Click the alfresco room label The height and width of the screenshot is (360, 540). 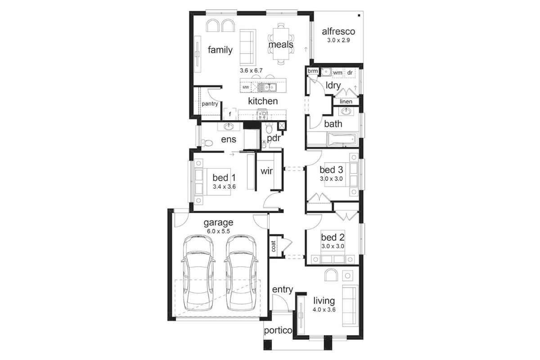click(x=338, y=31)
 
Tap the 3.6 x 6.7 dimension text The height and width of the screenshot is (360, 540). click(x=251, y=71)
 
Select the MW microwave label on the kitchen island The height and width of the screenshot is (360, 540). click(x=246, y=87)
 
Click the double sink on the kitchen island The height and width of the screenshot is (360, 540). click(x=267, y=87)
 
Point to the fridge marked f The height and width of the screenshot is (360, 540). click(x=230, y=114)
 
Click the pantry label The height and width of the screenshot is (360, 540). click(x=210, y=103)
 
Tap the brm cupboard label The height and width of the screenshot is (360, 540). click(x=313, y=71)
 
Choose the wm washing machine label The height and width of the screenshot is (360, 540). click(x=337, y=72)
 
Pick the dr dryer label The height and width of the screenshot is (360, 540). click(x=350, y=72)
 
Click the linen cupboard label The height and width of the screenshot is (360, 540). click(x=346, y=102)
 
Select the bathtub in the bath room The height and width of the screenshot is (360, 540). click(x=342, y=139)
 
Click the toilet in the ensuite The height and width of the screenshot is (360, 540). click(x=207, y=143)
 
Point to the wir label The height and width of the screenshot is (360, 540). click(x=266, y=171)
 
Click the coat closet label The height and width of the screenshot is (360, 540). click(x=274, y=246)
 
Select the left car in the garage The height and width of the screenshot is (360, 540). click(x=198, y=274)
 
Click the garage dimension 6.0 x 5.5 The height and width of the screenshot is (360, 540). click(x=218, y=231)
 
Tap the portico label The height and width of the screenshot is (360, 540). click(x=278, y=331)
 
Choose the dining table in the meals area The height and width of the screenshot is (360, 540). click(x=281, y=44)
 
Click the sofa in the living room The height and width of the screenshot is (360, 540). click(x=350, y=306)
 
